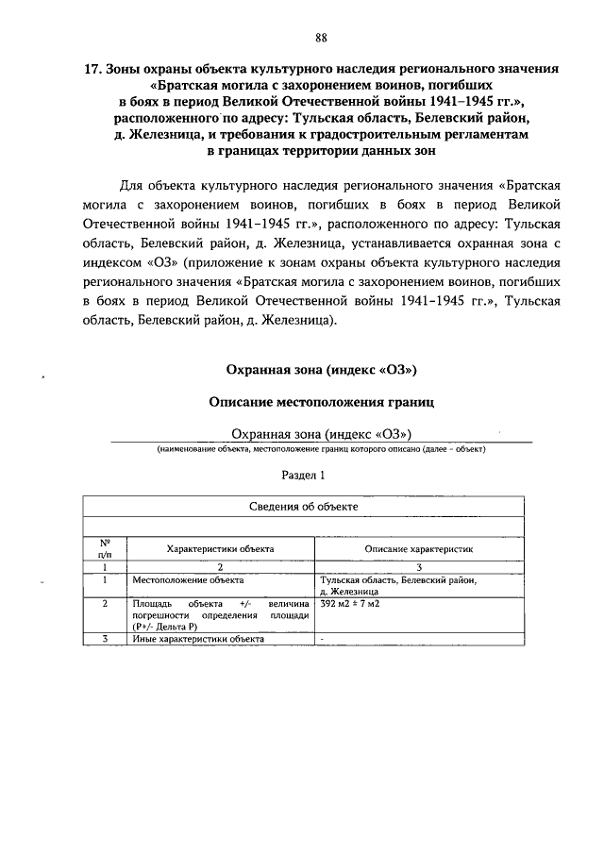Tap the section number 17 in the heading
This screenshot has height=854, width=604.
click(92, 69)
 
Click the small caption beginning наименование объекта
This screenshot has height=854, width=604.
click(321, 449)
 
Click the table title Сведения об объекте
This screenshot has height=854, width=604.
click(303, 507)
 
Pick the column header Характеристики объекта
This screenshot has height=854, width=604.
click(220, 547)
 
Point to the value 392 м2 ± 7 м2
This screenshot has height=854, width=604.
click(350, 602)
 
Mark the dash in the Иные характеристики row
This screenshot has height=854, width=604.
click(323, 639)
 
